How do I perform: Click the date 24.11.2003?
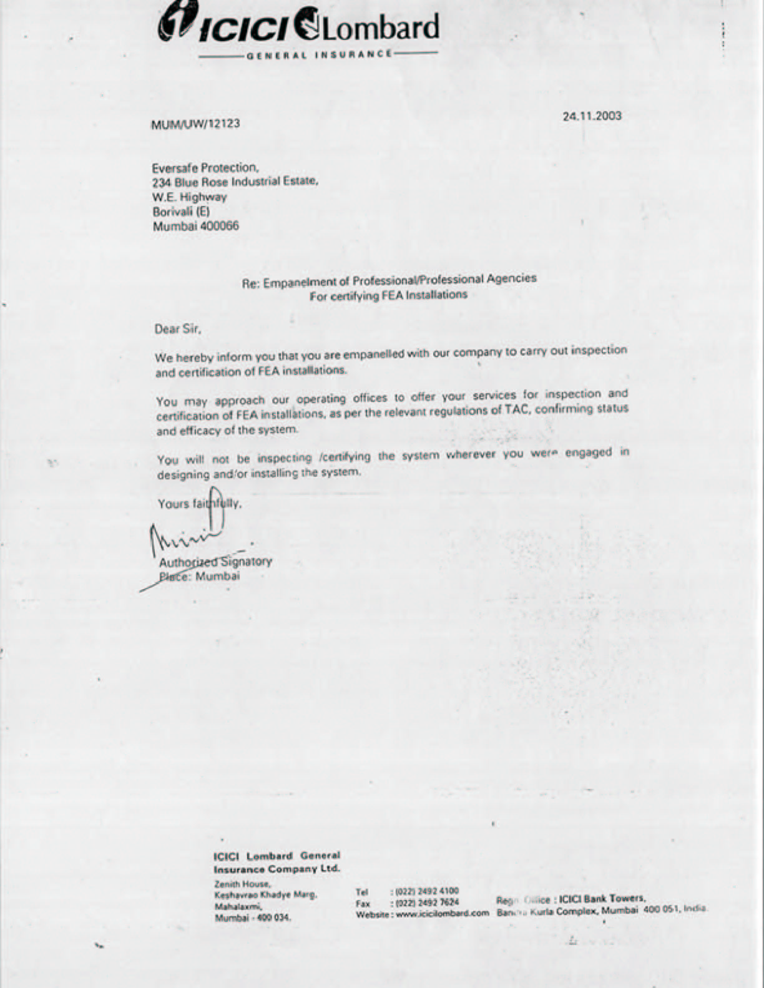coord(592,116)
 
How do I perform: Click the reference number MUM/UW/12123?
coord(196,124)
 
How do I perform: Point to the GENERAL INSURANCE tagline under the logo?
coord(319,54)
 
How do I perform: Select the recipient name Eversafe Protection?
coord(205,168)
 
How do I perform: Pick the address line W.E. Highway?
coord(190,197)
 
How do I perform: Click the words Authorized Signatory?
coord(215,561)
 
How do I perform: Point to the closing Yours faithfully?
coord(199,504)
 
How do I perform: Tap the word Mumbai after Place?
coord(217,576)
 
